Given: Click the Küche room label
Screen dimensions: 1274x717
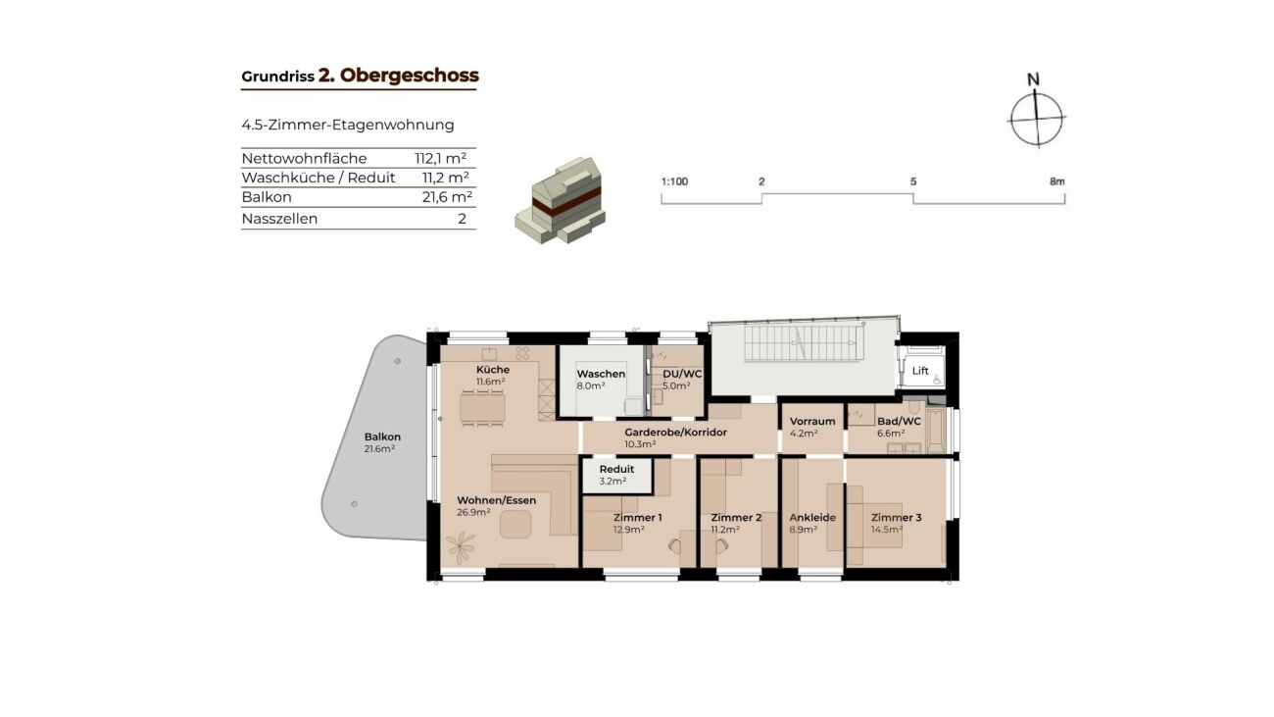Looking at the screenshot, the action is tap(493, 370).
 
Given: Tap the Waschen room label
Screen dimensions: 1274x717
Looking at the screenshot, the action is tap(601, 374).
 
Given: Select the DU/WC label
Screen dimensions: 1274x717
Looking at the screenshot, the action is tap(682, 374).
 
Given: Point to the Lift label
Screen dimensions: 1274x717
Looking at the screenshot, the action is tap(919, 371).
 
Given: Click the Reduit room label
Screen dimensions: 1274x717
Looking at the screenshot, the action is tap(616, 469).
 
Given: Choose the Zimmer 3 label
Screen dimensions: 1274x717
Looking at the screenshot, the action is tap(896, 517).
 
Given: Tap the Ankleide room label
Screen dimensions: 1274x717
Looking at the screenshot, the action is tap(812, 517).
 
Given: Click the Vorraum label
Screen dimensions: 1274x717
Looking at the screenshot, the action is tap(812, 421).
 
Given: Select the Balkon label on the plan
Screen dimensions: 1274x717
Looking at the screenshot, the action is tap(382, 436).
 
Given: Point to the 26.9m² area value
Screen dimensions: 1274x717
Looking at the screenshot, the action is tap(473, 512).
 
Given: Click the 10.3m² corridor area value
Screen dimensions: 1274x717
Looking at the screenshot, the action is tap(640, 444).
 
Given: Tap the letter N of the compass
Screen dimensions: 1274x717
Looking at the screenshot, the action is tap(1033, 79).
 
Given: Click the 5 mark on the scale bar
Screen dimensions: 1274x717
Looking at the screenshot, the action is tap(912, 181).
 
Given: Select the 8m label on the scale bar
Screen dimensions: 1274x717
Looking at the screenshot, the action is tap(1056, 181).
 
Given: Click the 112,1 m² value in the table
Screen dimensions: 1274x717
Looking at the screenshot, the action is tap(441, 158).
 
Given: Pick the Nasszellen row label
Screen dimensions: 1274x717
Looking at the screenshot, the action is tap(279, 219).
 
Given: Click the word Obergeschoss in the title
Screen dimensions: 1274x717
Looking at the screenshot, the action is tap(410, 76).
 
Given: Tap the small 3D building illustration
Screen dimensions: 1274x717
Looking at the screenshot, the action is tap(561, 200).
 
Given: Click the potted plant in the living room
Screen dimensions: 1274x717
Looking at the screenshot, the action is tap(461, 544).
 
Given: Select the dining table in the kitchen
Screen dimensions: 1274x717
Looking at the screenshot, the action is tap(482, 408).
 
